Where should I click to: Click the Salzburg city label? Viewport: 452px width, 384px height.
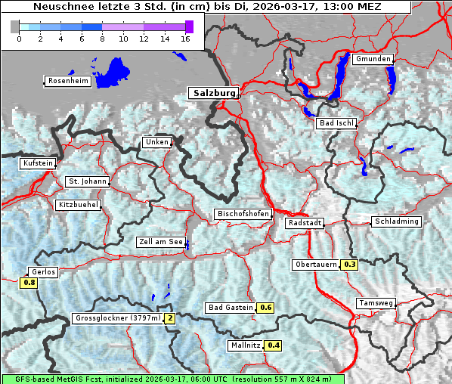click(x=214, y=93)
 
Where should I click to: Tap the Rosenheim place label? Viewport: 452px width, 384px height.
click(x=68, y=81)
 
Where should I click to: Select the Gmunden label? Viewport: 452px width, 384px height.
click(x=373, y=59)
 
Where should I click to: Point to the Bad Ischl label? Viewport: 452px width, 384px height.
click(x=336, y=123)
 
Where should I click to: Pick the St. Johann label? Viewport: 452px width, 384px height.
click(x=87, y=181)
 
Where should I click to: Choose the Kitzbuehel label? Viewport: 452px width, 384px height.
click(x=78, y=205)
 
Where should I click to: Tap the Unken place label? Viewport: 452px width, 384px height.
click(x=156, y=142)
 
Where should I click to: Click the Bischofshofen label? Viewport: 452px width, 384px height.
click(x=243, y=214)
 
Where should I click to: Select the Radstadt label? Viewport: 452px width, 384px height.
click(x=305, y=223)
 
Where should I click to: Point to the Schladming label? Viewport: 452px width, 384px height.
click(x=395, y=221)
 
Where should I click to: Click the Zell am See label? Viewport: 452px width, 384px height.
click(x=160, y=242)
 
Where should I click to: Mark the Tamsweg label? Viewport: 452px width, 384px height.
click(x=375, y=303)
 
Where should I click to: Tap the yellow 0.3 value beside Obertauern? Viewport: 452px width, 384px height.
click(x=349, y=265)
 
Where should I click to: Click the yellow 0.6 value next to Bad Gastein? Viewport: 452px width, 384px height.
click(x=265, y=308)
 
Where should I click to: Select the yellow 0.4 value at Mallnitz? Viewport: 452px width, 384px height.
click(x=273, y=345)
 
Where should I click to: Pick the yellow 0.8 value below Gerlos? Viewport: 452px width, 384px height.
click(x=29, y=283)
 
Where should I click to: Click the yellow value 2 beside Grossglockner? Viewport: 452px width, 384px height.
click(x=170, y=318)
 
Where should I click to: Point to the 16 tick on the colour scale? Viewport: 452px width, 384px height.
click(x=184, y=37)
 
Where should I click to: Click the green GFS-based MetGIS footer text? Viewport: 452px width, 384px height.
click(x=173, y=379)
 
